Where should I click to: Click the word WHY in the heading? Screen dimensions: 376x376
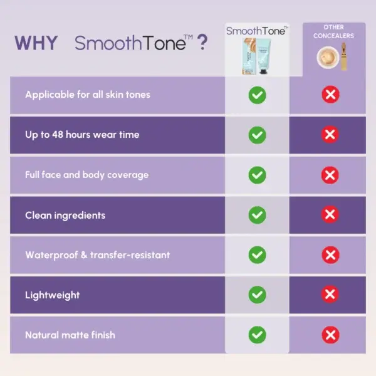(36, 43)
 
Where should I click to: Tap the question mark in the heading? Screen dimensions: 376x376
(202, 42)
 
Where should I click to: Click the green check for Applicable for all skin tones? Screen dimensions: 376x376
(258, 95)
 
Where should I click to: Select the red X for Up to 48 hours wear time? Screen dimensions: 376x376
(330, 135)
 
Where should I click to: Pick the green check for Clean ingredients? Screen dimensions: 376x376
(258, 215)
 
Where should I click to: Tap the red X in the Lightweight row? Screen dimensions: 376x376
(330, 294)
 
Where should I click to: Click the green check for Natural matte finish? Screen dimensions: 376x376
(258, 335)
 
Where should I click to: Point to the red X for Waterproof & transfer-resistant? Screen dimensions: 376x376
(330, 254)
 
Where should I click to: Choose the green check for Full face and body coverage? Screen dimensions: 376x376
(258, 175)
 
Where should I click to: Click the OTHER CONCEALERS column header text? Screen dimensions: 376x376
(333, 31)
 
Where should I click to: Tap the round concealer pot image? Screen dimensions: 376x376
(328, 58)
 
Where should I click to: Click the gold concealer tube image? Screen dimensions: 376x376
(344, 56)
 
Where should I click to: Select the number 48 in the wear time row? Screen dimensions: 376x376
(58, 135)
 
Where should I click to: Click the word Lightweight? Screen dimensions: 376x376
(52, 295)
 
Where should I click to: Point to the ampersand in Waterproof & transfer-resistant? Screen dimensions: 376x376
(84, 255)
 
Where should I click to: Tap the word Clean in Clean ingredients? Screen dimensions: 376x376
(38, 216)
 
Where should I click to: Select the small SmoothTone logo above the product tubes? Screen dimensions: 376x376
(257, 31)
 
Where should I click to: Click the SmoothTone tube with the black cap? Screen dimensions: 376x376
(264, 57)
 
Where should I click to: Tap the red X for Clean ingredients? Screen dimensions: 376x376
(330, 214)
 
